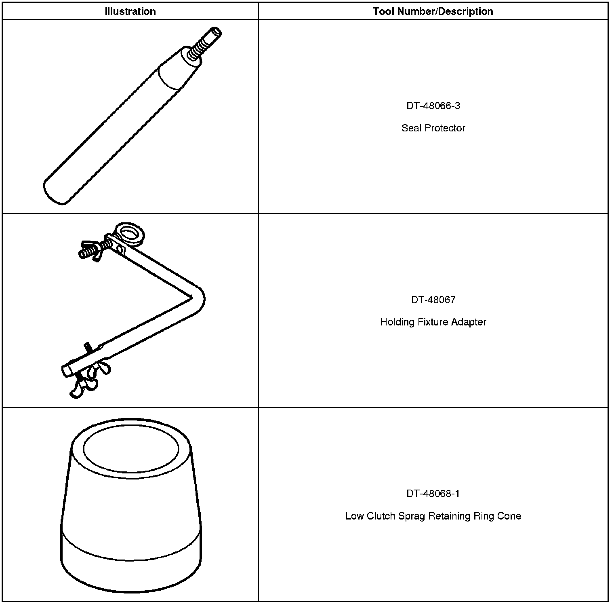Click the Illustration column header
coord(130,11)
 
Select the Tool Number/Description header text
coord(433,11)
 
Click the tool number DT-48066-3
coord(433,106)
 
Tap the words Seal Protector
coord(433,128)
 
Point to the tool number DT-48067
coord(433,300)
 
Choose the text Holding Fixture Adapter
coord(433,322)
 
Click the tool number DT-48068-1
coord(433,494)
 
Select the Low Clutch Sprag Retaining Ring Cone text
coord(433,516)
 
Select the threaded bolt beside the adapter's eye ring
coord(93,250)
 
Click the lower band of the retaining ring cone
coord(131,566)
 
